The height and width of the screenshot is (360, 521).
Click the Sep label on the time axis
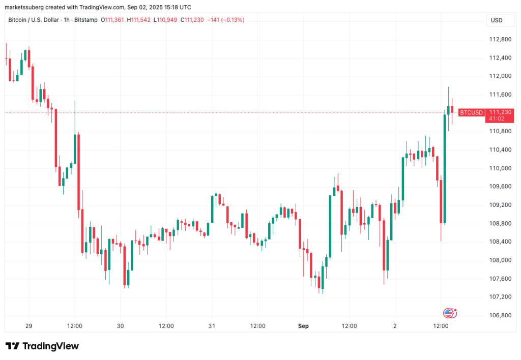coord(304,325)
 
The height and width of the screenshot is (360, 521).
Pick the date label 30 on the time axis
coord(120,325)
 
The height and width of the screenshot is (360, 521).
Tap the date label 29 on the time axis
coord(28,325)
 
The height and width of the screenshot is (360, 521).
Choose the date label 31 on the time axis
coord(212,325)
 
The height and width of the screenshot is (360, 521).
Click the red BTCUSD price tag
coord(471,112)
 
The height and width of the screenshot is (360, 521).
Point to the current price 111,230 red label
coord(497,112)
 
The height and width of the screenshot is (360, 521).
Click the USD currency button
coord(496,20)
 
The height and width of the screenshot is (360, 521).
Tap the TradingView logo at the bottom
coord(42,346)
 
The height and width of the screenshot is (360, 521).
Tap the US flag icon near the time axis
coord(448,313)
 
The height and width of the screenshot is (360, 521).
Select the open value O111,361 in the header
coord(112,20)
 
